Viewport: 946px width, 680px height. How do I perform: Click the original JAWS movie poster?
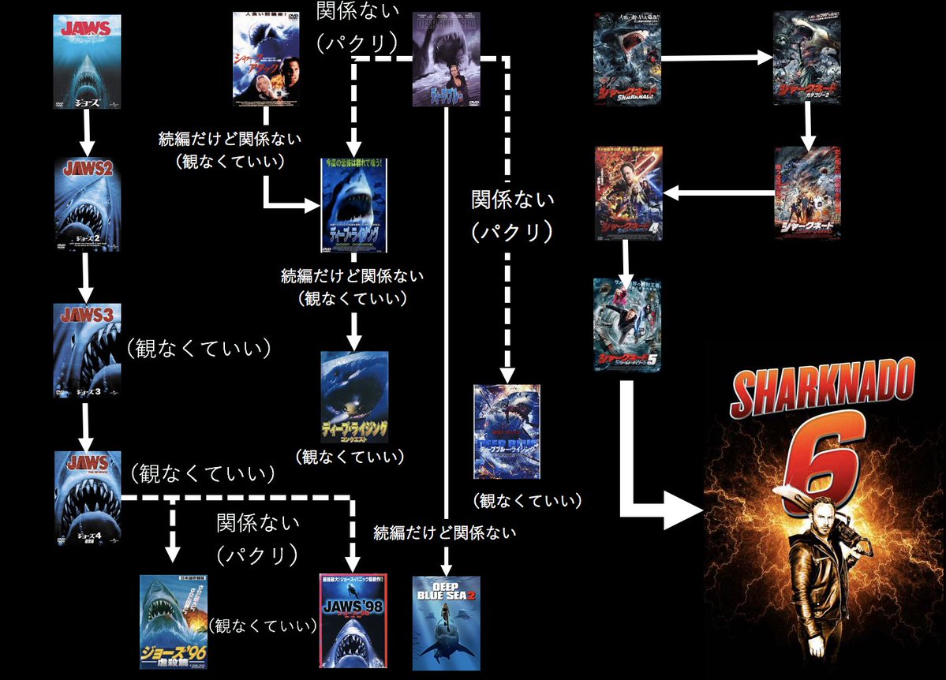[88, 61]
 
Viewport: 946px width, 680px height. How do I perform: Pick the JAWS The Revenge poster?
[88, 499]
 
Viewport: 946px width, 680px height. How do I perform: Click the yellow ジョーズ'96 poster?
[174, 622]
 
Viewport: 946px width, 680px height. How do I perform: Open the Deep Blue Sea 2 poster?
[446, 623]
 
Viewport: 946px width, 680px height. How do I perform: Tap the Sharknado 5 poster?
[626, 324]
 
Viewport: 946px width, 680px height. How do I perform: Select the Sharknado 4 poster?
[628, 193]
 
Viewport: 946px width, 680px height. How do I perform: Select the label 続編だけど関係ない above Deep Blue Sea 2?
[445, 532]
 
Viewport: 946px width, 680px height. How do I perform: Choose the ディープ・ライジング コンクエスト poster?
[355, 396]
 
